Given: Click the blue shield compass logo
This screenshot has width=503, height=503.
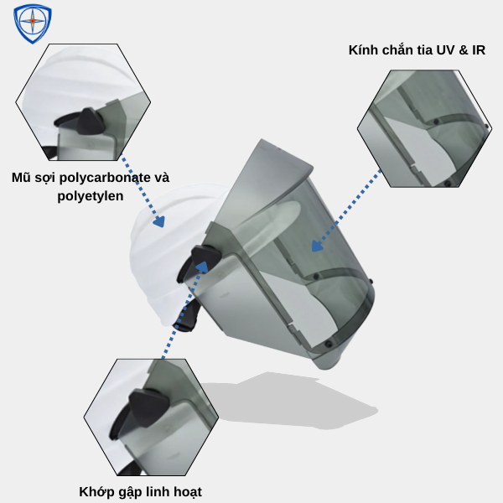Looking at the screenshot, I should (33, 23).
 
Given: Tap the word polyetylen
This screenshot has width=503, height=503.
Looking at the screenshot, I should (91, 196).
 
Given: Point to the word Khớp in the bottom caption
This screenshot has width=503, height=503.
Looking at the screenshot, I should (96, 491).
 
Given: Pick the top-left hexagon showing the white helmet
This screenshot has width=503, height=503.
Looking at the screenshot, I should (83, 101).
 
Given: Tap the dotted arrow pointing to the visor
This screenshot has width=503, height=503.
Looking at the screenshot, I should (347, 210).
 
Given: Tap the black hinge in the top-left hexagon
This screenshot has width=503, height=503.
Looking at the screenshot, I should (89, 126).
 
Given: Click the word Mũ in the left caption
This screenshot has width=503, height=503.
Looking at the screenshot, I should (21, 178).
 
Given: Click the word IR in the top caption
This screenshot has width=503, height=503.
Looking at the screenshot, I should (478, 50).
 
